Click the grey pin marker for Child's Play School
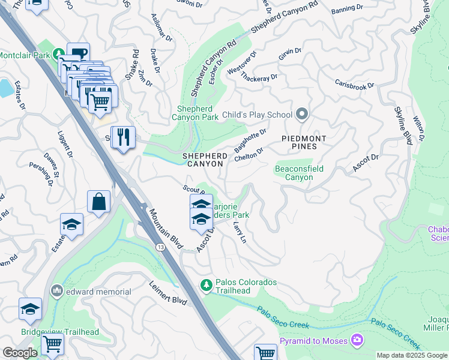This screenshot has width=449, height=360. point(302,114)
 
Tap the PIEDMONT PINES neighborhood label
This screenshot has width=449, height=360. point(304,143)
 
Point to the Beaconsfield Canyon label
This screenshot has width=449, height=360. point(299,173)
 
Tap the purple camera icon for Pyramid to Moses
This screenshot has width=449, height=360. point(358,341)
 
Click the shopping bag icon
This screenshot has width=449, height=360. point(98,202)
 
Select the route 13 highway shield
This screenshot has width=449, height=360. point(161,247)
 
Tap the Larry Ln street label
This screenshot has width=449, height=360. point(239,232)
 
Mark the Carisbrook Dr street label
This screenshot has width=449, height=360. point(354,85)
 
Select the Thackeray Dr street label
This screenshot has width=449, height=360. point(261,77)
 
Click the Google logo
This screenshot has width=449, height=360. point(20,353)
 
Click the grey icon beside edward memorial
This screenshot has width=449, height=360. point(57,291)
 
